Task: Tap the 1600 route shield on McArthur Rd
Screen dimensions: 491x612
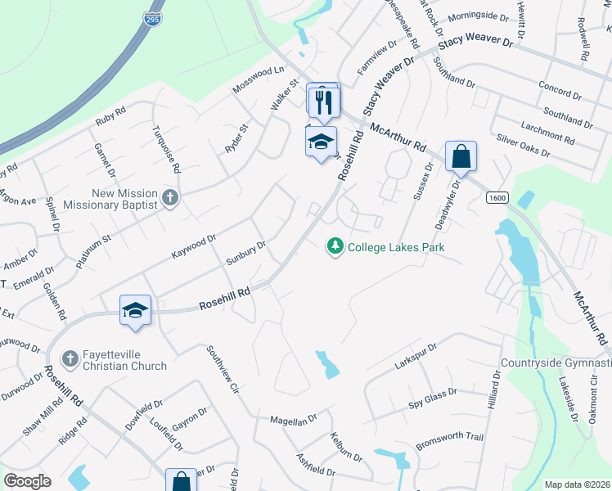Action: [x=496, y=197]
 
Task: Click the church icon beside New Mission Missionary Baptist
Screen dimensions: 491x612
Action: [x=169, y=197]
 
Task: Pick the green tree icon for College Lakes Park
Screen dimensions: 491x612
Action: [x=334, y=245]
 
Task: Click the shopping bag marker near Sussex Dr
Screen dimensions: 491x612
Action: [x=461, y=156]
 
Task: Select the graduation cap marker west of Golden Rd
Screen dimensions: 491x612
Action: [x=135, y=310]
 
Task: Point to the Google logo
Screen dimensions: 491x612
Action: [x=27, y=481]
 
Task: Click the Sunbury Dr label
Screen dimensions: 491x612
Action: [x=246, y=253]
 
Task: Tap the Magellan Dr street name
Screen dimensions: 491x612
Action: [x=294, y=420]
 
